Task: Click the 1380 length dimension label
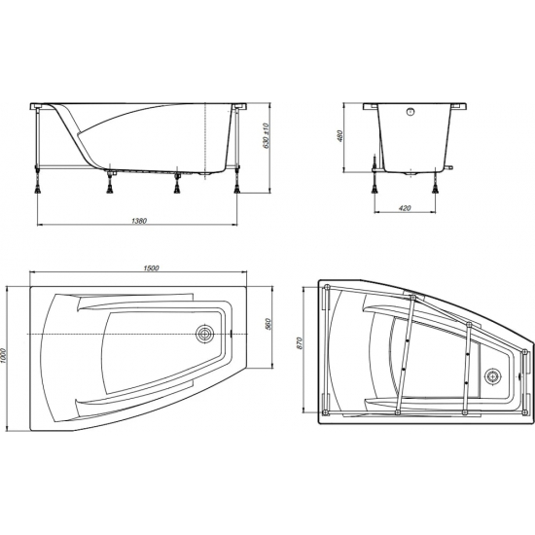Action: [x=138, y=221]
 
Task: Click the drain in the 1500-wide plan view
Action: [x=205, y=334]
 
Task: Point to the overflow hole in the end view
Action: [x=412, y=111]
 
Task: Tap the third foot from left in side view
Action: [x=177, y=179]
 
